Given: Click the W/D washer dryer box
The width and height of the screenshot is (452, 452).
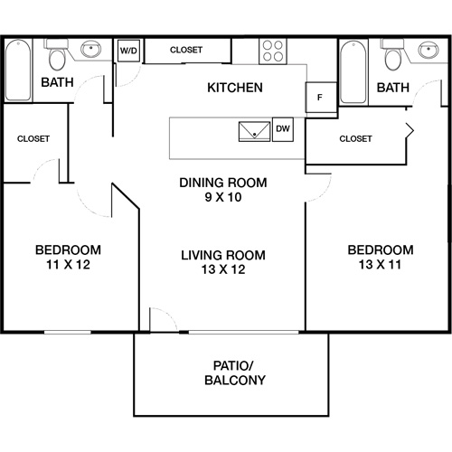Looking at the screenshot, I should coord(127,51).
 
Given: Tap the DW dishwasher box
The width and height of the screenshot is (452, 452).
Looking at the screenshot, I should coord(282,128).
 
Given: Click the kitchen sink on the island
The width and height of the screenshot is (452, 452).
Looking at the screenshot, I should coord(253,130).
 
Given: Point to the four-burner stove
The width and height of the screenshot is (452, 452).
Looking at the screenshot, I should coord(273,51).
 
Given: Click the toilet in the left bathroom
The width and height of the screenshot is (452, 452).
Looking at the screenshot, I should coord(57,59).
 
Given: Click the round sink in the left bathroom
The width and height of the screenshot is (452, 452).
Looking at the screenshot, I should coord(90,50).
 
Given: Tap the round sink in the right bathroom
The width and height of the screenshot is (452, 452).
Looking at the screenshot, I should coord(425,50).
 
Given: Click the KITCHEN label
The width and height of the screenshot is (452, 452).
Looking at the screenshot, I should coord(235,88).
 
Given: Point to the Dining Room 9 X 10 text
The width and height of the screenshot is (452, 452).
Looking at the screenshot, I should coord(222,189).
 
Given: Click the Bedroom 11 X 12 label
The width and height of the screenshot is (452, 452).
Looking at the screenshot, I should coord(67,258).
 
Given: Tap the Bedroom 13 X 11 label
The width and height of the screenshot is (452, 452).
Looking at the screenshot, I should coord(381,258).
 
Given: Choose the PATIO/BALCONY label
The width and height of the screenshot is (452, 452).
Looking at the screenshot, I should coord(234,372).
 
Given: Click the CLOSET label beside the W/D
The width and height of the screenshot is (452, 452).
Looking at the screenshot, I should coord(186,50).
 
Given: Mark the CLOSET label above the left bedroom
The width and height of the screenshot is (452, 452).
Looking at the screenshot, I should coord(33,138).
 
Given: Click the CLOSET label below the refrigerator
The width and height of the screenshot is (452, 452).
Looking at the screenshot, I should coord(355,138).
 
